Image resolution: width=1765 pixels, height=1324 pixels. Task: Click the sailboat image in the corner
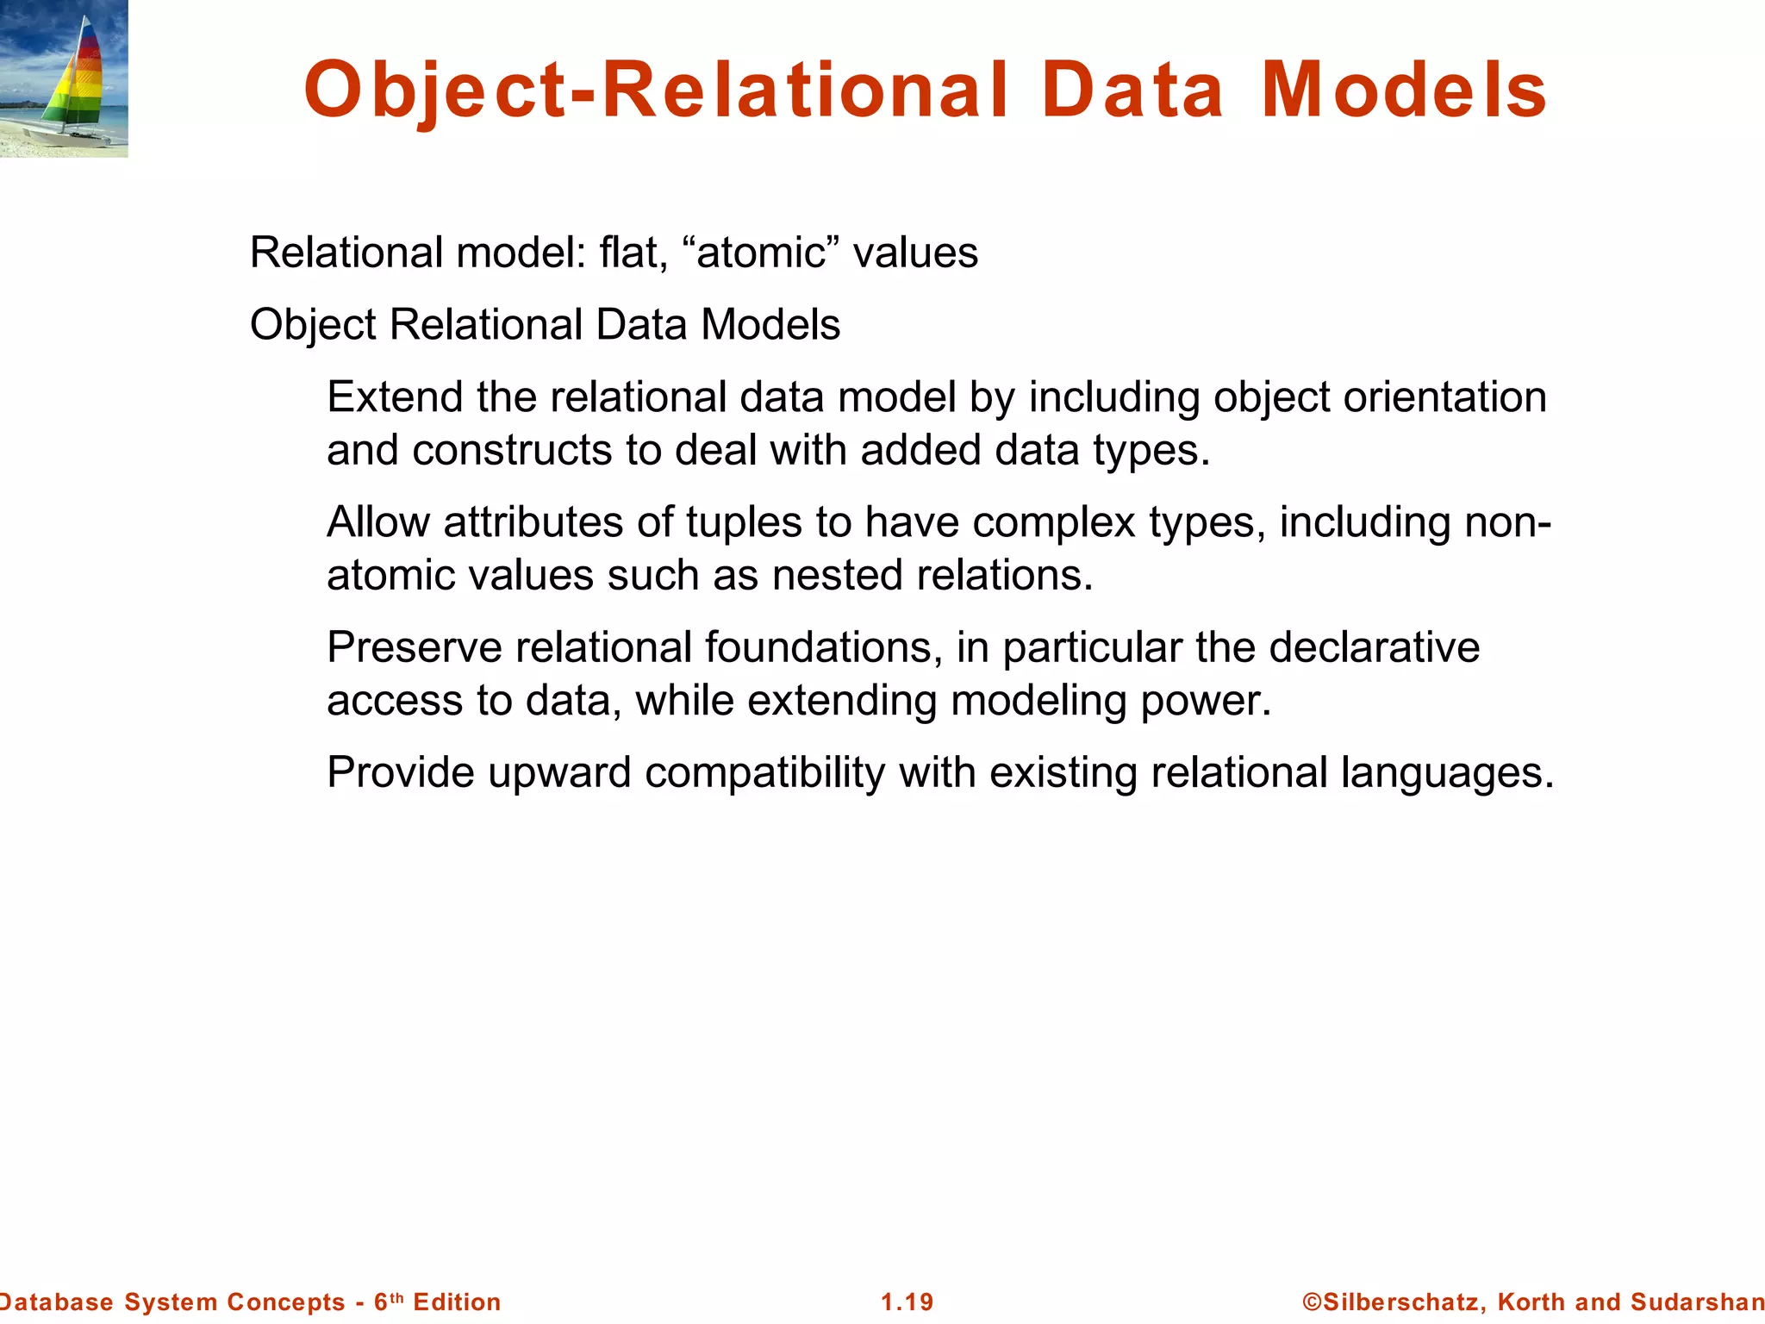coord(64,78)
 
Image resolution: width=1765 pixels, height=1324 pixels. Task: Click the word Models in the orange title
coord(1404,91)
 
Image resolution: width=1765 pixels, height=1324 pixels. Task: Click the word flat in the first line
coord(633,253)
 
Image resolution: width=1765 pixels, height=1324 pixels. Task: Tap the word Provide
coord(401,772)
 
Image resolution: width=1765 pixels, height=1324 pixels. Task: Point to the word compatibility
coord(764,772)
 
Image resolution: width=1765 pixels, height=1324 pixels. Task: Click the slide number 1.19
coord(907,1302)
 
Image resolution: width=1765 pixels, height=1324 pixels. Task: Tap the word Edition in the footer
coord(457,1302)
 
